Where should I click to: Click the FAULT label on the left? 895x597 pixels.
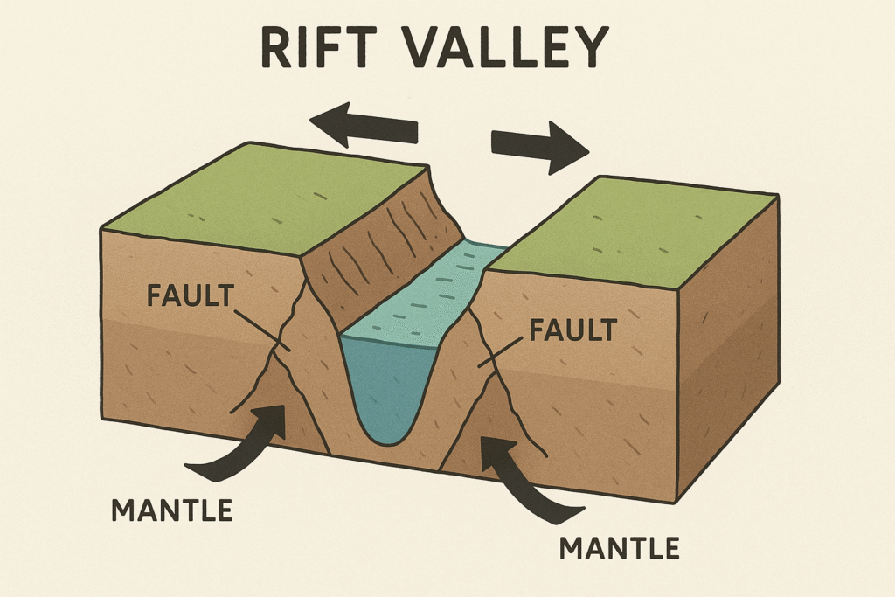[191, 296]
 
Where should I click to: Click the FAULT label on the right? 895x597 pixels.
[572, 330]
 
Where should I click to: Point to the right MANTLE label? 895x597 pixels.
[619, 548]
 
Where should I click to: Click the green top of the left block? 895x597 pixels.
[262, 197]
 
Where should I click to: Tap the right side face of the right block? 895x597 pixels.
[725, 350]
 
